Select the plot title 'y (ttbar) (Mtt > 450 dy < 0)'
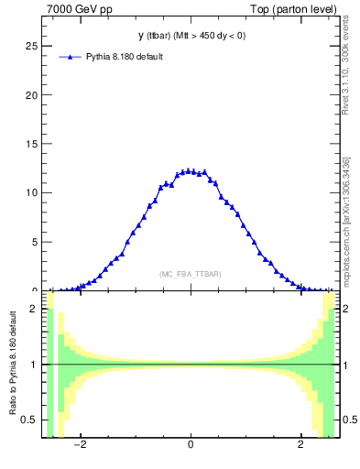[x=190, y=36]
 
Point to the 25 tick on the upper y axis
[x=32, y=46]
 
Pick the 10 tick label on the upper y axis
[x=32, y=193]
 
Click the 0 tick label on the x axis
[x=191, y=447]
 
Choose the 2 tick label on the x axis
[x=300, y=447]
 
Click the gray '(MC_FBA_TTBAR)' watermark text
[x=190, y=274]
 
